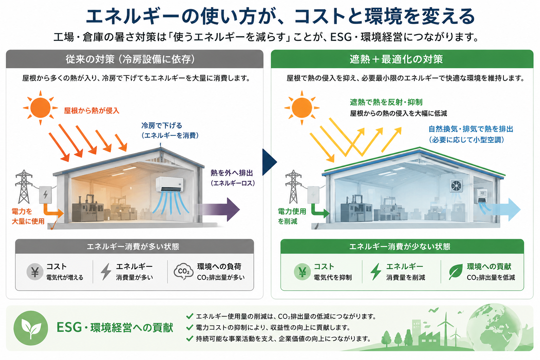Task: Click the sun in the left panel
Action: [x=40, y=108]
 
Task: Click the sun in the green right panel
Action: [x=302, y=108]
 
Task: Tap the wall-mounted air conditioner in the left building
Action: [x=169, y=184]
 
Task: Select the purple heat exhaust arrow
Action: [x=218, y=209]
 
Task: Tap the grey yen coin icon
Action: [x=35, y=272]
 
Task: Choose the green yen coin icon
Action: [x=302, y=272]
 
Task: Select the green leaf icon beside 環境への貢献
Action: [x=456, y=272]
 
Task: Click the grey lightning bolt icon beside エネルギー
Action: [x=106, y=272]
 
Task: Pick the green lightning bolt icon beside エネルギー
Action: [x=376, y=272]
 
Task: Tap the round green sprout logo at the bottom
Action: [x=31, y=328]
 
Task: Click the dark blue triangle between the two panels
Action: [x=270, y=162]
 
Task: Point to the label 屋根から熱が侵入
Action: [x=92, y=111]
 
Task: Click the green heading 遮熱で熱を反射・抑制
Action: [x=386, y=102]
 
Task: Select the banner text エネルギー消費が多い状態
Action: [x=133, y=247]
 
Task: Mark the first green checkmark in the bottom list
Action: [x=190, y=316]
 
